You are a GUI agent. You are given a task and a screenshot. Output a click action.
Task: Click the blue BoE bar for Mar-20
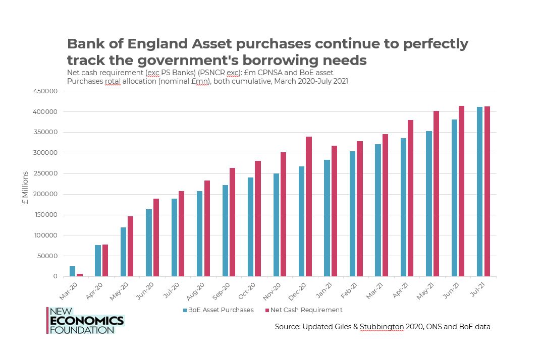[72, 271]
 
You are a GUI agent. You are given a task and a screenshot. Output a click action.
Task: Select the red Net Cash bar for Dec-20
[308, 207]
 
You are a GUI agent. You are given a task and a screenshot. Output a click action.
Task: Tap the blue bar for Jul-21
[479, 192]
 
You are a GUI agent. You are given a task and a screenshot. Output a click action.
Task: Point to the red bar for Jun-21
[461, 191]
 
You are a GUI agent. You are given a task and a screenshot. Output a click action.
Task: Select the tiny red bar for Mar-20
[80, 275]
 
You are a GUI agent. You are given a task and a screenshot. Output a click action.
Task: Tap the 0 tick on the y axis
[56, 277]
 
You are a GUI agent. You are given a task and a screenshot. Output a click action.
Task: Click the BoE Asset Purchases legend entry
[218, 310]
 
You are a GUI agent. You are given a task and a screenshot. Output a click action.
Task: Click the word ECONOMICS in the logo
[86, 321]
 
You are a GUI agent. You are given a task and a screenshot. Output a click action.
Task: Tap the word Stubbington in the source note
[382, 327]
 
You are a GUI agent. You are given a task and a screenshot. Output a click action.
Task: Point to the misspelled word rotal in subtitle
[113, 81]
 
